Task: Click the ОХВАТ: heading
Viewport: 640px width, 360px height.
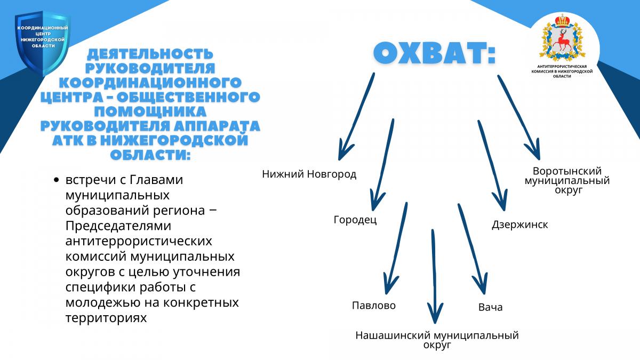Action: tap(434, 53)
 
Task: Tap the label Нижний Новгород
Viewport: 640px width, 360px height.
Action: tap(309, 174)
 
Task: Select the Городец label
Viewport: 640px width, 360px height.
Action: tap(355, 220)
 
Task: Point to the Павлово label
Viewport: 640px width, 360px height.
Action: tap(374, 306)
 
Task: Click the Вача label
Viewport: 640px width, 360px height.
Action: tap(490, 307)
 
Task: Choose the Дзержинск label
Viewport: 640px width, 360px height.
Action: tap(519, 225)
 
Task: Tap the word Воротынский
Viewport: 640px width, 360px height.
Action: tap(567, 171)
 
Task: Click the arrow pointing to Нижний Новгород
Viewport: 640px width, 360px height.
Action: tap(356, 116)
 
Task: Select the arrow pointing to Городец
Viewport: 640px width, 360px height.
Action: tap(382, 164)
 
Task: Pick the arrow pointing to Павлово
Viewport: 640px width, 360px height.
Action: tap(396, 248)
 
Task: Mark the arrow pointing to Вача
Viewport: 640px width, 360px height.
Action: tap(473, 249)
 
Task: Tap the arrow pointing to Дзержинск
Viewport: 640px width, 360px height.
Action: tap(492, 165)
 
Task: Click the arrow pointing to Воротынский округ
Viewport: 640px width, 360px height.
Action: tap(519, 117)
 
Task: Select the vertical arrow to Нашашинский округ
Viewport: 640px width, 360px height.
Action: tap(435, 276)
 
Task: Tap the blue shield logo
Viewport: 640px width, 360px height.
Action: tap(42, 43)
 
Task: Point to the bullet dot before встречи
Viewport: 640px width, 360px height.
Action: tap(57, 180)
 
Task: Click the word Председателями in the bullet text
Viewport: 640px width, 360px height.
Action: tap(118, 226)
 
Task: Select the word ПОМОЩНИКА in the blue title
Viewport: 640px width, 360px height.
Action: tap(150, 111)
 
